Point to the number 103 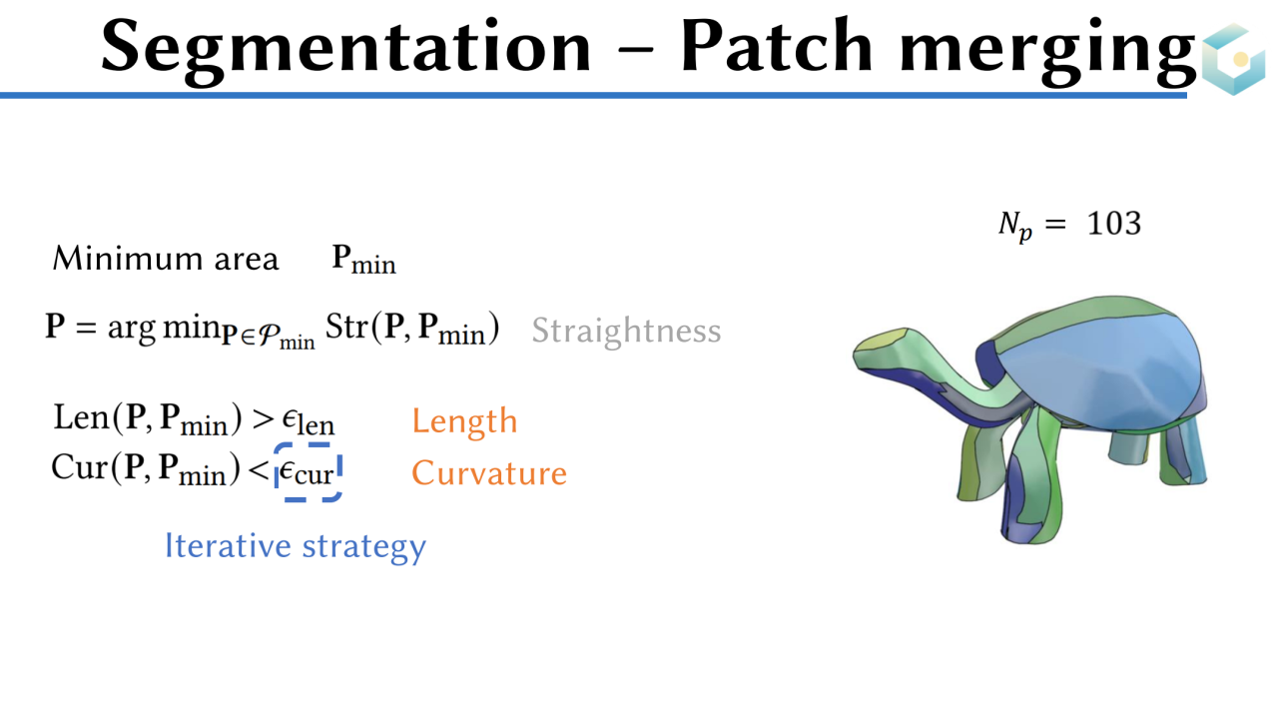click(x=1113, y=223)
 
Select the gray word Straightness click(x=626, y=331)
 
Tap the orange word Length click(x=464, y=420)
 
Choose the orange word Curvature click(x=488, y=472)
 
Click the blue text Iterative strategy click(x=295, y=546)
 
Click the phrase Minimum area click(x=165, y=260)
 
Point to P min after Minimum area click(x=363, y=261)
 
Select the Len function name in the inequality click(x=79, y=417)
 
